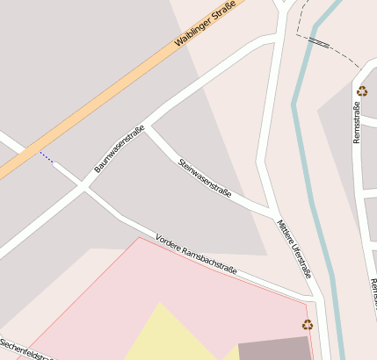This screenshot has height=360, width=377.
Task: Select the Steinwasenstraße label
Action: coord(205,177)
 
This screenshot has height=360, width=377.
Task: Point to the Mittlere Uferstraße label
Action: coord(294,248)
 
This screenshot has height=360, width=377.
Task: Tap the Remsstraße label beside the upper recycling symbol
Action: coord(357,123)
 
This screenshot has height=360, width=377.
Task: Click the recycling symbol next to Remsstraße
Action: coord(361,90)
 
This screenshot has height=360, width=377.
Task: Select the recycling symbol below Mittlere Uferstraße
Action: coord(308,324)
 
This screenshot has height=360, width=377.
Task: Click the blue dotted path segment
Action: coord(46,157)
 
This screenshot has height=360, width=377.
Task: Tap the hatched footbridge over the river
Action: coord(319,40)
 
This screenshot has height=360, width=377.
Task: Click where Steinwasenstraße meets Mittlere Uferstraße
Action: coord(272,214)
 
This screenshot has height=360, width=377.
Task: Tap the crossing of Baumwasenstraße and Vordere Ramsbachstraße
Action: coord(83,186)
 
